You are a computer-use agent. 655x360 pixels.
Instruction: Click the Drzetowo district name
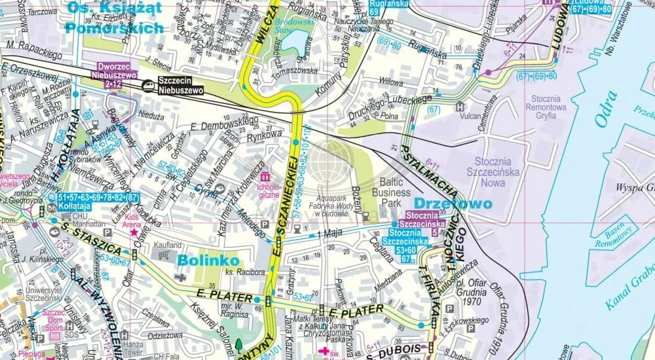tap(452, 204)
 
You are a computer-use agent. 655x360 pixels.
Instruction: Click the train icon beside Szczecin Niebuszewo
tap(149, 84)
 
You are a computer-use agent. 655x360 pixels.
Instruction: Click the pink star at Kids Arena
tap(134, 231)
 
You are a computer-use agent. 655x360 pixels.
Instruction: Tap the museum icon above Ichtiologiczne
tap(265, 177)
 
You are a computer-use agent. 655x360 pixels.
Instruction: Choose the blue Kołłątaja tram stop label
tap(73, 206)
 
